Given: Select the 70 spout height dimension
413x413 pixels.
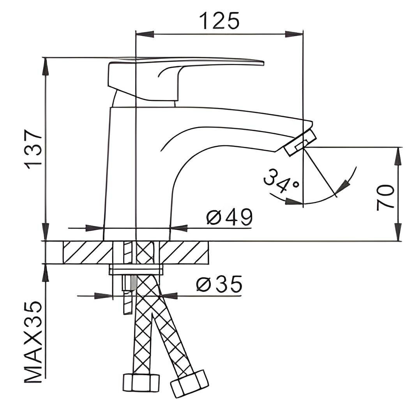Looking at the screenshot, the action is click(385, 198).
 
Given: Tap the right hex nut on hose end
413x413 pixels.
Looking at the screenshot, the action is click(189, 383).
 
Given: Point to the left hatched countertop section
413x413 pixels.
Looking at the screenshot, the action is click(88, 252).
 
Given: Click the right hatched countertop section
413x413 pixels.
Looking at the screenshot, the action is click(184, 252).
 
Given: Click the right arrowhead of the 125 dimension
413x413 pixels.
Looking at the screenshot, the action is click(295, 34).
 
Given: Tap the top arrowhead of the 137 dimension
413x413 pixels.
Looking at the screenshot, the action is click(46, 66).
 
